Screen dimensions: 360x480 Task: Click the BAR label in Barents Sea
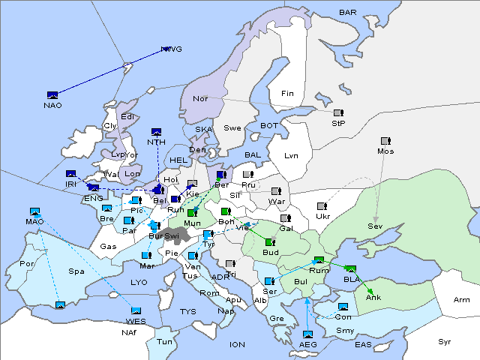tap(348, 13)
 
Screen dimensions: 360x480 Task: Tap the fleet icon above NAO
tap(52, 94)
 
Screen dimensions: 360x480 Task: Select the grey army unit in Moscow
tap(385, 140)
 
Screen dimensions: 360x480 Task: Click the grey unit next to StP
tap(338, 113)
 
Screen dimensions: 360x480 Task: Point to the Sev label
tap(375, 226)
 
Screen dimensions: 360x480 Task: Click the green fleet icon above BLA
tap(351, 268)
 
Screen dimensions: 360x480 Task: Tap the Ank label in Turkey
tap(373, 298)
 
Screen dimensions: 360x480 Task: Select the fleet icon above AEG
tap(307, 334)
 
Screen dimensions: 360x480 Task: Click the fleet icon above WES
tap(136, 311)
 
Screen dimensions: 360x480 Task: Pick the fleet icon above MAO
tap(34, 212)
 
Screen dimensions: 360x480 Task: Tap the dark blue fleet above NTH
tap(157, 132)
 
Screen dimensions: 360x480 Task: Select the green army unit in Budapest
tap(269, 242)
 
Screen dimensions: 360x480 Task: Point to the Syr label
tap(445, 341)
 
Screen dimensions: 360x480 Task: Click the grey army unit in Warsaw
tap(275, 191)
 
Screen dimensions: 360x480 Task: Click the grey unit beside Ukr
tap(322, 206)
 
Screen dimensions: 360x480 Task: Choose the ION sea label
tap(237, 345)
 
